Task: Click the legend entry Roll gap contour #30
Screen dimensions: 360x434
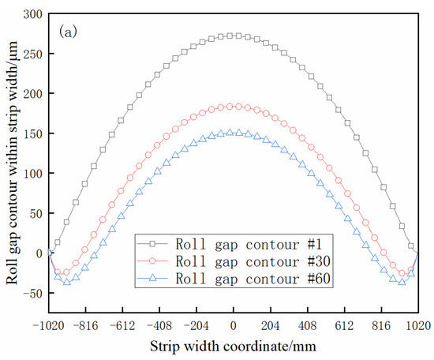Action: point(236,260)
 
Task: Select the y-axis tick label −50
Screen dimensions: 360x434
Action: point(31,293)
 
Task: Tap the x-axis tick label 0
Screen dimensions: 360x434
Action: point(234,324)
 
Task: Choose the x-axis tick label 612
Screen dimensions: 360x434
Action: point(344,324)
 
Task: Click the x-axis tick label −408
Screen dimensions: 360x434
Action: point(159,324)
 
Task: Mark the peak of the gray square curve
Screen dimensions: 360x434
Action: point(234,36)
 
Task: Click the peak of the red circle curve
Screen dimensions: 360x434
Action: point(234,106)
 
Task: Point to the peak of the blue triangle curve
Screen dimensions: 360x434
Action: point(234,133)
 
